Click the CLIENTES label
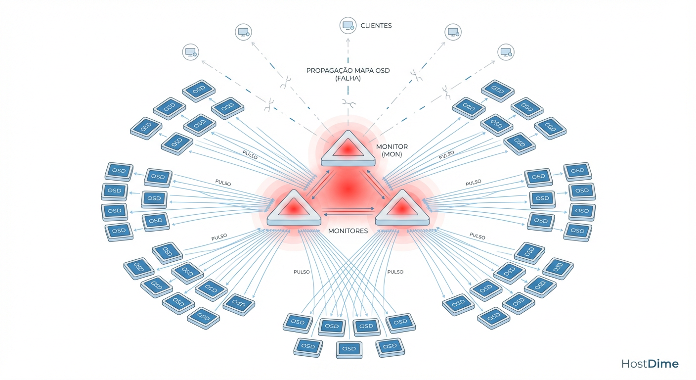[376, 25]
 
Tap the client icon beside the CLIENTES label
[348, 25]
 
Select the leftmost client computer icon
[191, 52]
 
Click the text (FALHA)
[348, 79]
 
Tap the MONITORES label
[348, 231]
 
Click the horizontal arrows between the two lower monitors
[348, 211]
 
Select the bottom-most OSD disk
[349, 349]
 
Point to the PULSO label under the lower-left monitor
[301, 272]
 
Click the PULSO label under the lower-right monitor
[395, 272]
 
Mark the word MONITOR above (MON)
[392, 146]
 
